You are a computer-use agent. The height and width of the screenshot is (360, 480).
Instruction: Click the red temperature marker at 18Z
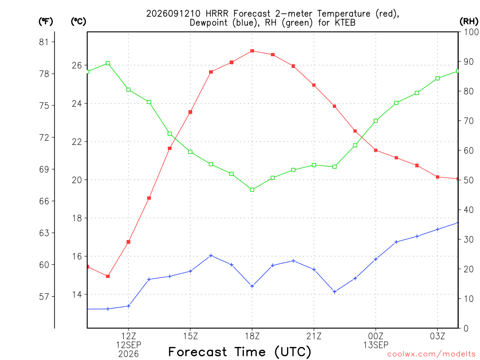coord(252,51)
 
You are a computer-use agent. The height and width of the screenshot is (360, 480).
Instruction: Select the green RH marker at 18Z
coord(252,190)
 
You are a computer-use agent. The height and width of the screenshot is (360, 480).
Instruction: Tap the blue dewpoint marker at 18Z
coord(252,286)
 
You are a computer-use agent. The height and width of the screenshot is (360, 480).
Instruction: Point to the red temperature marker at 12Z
coord(128,242)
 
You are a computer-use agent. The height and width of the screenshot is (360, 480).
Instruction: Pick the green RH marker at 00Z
coord(375,120)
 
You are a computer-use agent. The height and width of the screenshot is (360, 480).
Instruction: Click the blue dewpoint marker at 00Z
coord(375,259)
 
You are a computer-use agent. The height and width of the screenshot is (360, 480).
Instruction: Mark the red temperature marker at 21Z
coord(314,85)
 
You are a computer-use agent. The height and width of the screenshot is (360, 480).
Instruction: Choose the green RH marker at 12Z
coord(128,90)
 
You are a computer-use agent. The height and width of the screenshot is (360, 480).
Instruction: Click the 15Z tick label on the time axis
coord(190,336)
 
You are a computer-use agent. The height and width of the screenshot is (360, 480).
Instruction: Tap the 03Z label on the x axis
coord(437,336)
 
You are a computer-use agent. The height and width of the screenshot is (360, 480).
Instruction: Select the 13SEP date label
coord(376,345)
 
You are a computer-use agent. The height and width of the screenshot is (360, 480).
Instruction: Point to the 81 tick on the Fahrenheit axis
coord(44,42)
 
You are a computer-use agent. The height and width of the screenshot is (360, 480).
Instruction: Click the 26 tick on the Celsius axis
coord(77,65)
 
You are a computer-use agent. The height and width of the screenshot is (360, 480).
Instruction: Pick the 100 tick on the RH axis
coord(471,32)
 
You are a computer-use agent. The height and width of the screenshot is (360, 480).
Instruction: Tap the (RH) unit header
coord(469,22)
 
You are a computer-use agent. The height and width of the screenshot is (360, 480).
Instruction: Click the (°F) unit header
coord(45,22)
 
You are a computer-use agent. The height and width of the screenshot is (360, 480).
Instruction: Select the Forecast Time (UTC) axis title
coord(240,352)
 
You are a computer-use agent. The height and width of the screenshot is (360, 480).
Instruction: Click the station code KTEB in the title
coord(345,22)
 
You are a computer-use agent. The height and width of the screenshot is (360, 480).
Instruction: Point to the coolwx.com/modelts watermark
coord(431,354)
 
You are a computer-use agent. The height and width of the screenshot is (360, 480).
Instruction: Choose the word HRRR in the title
coord(217,14)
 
